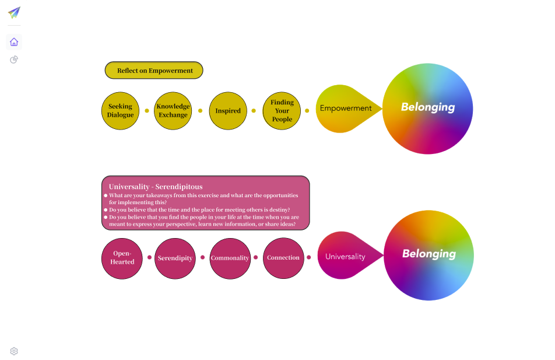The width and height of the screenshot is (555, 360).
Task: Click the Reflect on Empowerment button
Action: (154, 71)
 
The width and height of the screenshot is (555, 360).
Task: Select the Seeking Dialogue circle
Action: (121, 111)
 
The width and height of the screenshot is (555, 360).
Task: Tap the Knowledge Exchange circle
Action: (173, 111)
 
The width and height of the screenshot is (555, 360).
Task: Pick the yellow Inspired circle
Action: (228, 111)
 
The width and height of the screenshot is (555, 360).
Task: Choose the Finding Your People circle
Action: (282, 111)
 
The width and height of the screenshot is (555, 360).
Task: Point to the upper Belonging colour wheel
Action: (428, 109)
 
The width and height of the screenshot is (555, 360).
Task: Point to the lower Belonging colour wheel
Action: (428, 255)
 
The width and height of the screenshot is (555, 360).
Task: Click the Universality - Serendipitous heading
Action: (156, 187)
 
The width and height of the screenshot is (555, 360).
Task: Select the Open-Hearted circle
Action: (122, 258)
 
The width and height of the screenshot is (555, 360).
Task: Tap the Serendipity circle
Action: (175, 258)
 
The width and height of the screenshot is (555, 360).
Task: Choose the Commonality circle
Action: (230, 258)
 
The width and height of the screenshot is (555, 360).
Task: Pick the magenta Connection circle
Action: (283, 258)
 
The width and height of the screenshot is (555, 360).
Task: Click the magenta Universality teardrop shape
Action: (345, 256)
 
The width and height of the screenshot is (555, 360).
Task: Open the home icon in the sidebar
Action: (14, 42)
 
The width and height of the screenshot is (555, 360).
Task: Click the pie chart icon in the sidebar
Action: (14, 60)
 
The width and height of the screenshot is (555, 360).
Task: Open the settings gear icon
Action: (14, 351)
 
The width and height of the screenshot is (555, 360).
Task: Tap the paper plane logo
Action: (14, 12)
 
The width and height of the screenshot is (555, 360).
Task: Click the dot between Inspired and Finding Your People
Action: (254, 110)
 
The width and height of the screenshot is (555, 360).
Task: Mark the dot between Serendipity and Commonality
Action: (202, 257)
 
